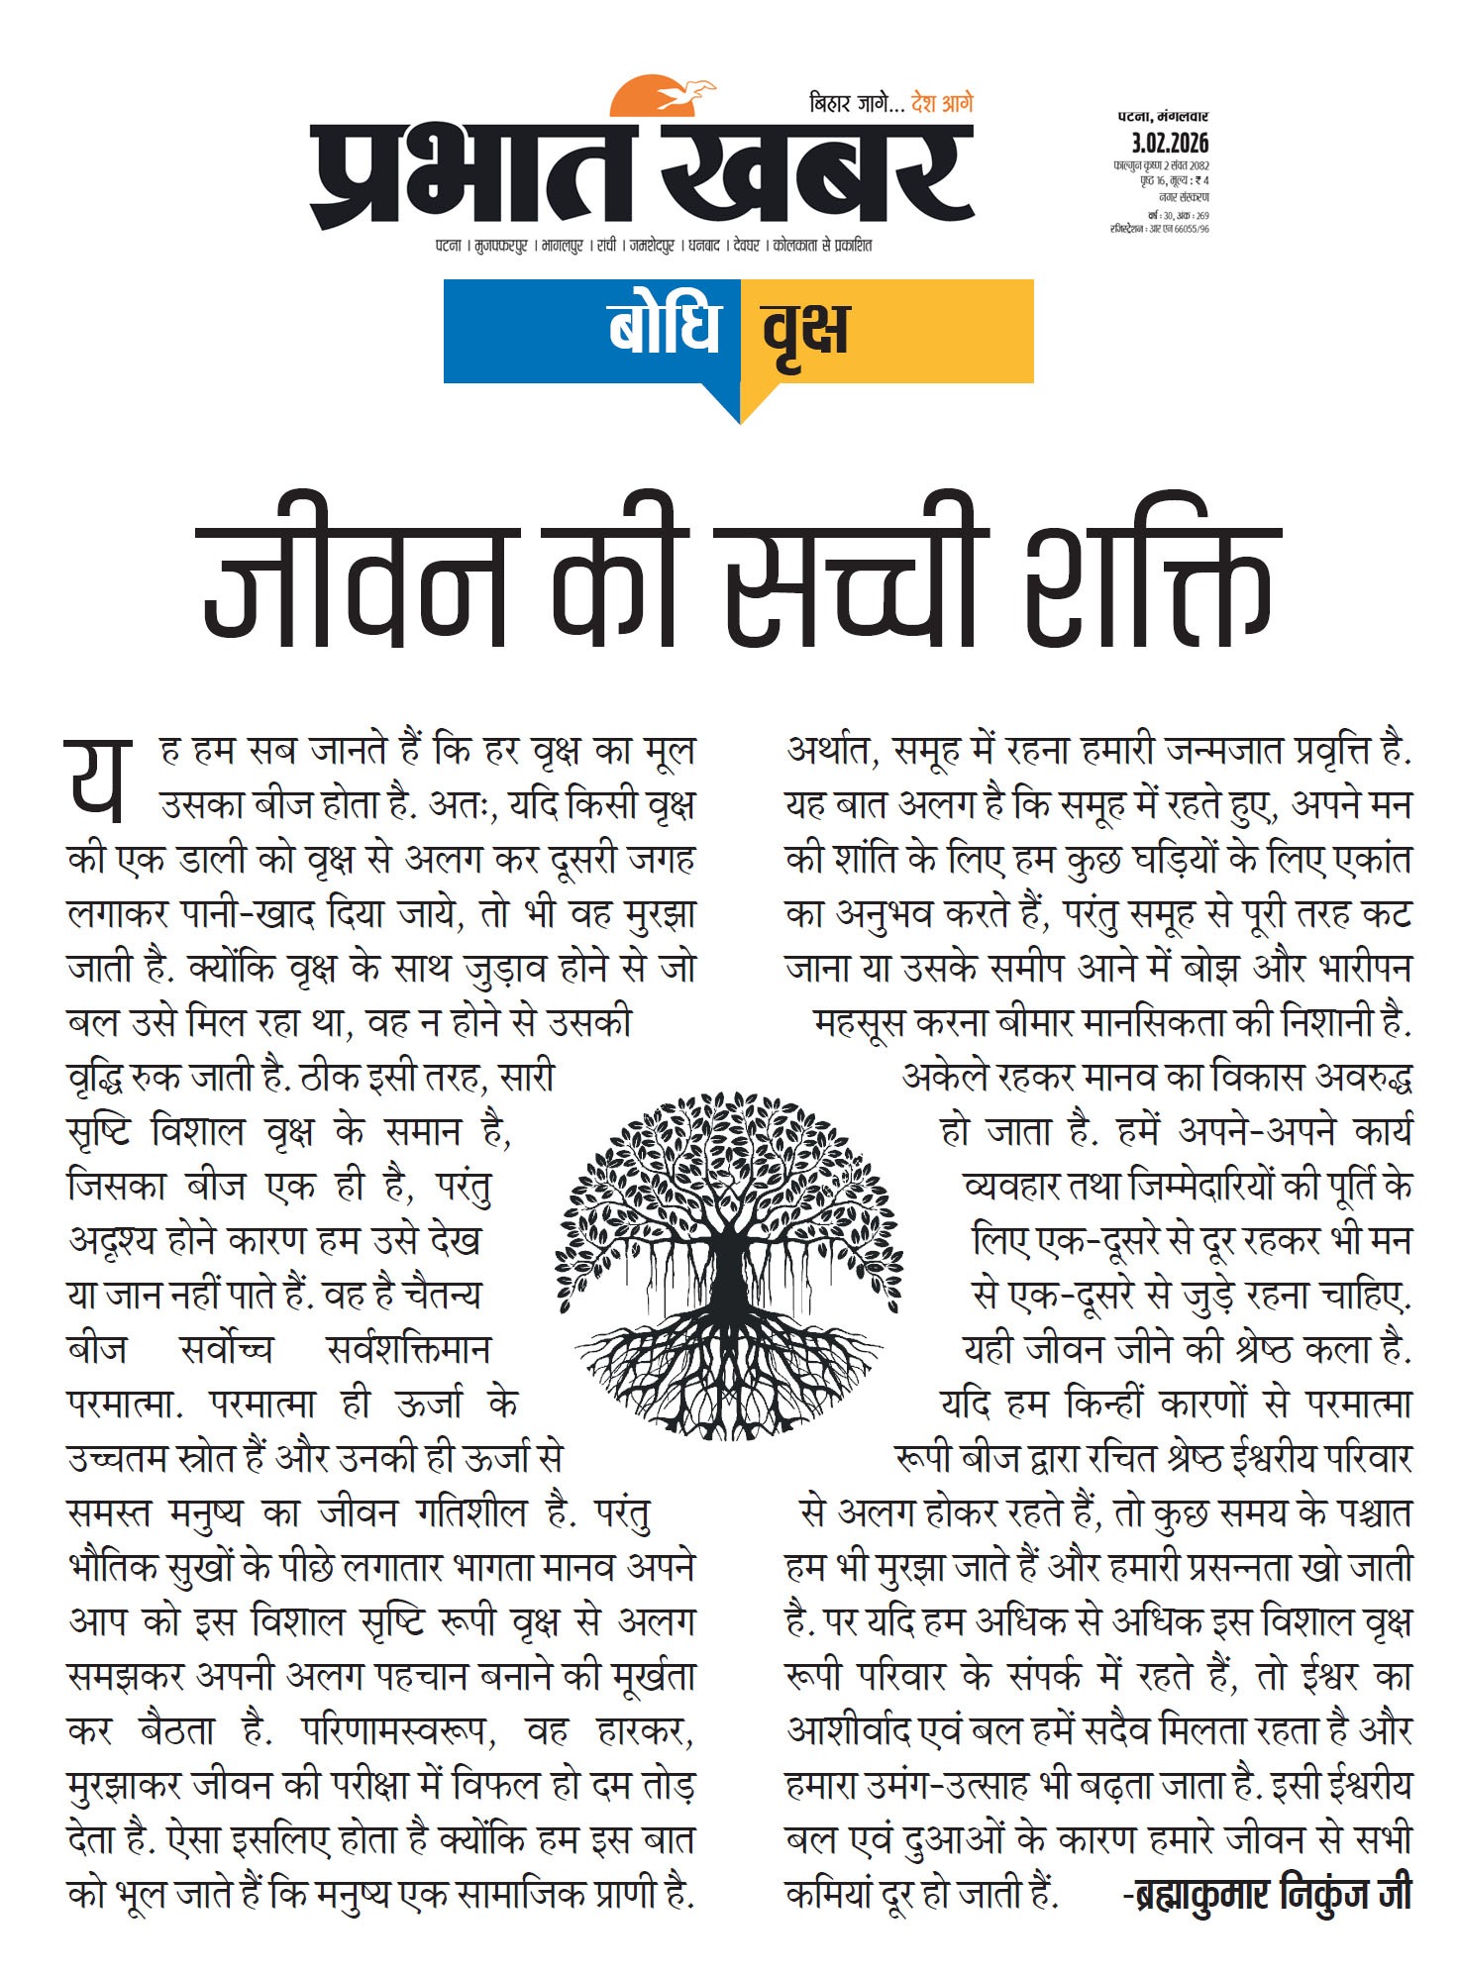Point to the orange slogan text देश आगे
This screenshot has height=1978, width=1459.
(942, 103)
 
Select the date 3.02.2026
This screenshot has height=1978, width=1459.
(1170, 144)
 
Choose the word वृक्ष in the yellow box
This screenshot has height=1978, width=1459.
(805, 330)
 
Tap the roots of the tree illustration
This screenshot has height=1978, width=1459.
(728, 1372)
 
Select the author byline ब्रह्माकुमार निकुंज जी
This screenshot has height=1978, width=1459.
(1267, 1894)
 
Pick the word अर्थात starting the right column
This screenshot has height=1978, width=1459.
(833, 751)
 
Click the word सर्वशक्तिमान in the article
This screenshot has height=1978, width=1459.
(408, 1349)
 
